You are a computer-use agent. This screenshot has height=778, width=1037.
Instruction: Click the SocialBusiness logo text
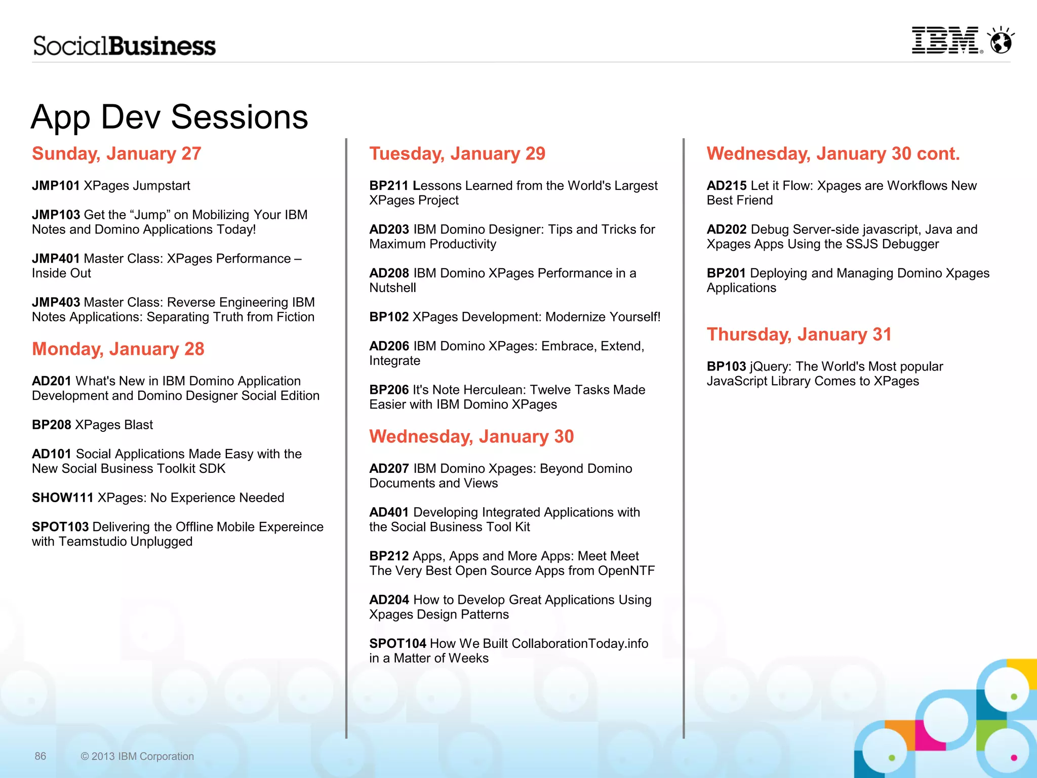coord(125,46)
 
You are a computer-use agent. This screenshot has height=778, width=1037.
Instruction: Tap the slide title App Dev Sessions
coord(169,117)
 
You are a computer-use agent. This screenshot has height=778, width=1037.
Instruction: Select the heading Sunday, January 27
coord(116,153)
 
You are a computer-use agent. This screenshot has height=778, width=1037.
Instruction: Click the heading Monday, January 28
coord(118,349)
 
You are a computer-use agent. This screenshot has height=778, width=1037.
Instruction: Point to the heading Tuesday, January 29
coord(457,153)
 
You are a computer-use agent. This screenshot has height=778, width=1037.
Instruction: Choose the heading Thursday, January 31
coord(799,334)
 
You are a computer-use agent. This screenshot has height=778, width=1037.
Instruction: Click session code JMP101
coord(56,186)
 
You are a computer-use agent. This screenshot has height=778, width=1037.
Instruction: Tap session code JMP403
coord(56,302)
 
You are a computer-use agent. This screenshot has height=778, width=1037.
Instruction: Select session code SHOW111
coord(63,498)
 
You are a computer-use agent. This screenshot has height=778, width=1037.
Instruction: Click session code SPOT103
coord(60,527)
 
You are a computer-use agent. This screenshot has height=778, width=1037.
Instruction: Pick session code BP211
coord(388,186)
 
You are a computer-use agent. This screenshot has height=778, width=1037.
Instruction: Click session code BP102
coord(389,317)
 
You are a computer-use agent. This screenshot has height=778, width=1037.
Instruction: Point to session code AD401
coord(389,512)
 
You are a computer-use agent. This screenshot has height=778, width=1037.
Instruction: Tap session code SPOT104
coord(397,643)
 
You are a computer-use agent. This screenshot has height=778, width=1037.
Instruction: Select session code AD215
coord(727,186)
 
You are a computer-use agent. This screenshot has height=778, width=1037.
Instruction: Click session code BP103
coord(726,366)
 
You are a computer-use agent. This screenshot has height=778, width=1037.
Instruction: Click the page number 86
coord(41,756)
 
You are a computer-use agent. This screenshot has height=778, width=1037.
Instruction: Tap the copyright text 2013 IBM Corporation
coord(137,756)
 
